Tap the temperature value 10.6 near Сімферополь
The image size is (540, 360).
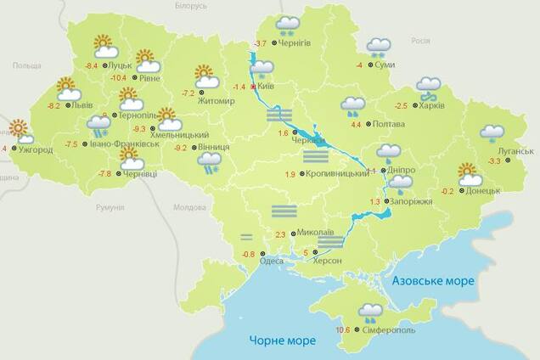(343, 330)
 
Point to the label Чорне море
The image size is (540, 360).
(282, 340)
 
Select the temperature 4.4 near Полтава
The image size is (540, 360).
(356, 125)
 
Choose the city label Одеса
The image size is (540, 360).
(272, 260)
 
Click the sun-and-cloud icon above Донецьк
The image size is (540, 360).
(469, 174)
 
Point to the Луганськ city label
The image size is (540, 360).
(516, 150)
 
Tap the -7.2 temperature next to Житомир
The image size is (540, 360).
(188, 93)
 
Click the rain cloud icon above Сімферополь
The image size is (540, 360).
(369, 313)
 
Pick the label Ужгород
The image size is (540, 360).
(35, 150)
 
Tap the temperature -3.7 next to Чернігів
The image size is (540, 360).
(262, 43)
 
